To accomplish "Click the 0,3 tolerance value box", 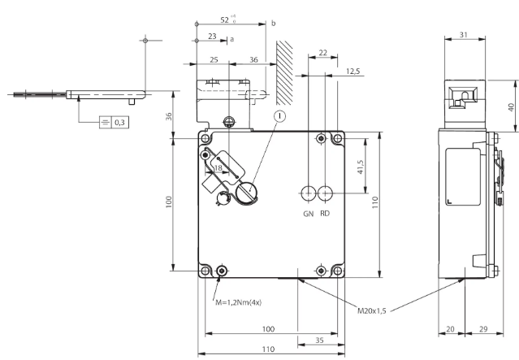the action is [120, 122].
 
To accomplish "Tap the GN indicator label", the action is [308, 214].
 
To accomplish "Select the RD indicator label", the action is [325, 214].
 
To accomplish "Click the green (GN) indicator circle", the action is [309, 193].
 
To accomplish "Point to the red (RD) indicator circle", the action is [325, 193].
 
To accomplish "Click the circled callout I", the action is [280, 116].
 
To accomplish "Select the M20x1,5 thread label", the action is [372, 310].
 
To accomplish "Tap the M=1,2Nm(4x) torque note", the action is [238, 302].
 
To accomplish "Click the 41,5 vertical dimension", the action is [361, 167].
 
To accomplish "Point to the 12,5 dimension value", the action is [352, 72].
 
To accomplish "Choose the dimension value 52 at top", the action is [224, 20].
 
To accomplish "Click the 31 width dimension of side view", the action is [464, 34].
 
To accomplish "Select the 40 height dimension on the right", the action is [511, 107].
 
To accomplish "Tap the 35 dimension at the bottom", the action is [319, 340].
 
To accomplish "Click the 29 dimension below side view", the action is [483, 329].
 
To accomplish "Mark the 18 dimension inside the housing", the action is [218, 168].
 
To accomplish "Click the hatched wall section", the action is [284, 73].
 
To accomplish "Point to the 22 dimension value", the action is [322, 53].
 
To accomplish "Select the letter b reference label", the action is [274, 24].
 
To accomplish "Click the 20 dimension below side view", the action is [450, 329].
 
